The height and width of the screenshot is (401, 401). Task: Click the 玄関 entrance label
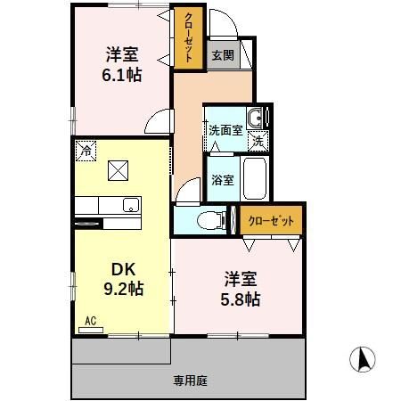pos(223,55)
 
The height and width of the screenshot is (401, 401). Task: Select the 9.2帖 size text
pos(123,289)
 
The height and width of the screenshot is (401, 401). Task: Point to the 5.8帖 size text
pos(239,299)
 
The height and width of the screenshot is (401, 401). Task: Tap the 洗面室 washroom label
pos(225,130)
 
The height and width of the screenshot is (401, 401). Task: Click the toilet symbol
pos(206,217)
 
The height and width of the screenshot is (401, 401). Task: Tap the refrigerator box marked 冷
pos(86,151)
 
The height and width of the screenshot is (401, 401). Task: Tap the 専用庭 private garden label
pos(190,381)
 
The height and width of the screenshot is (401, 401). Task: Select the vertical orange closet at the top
pos(189,39)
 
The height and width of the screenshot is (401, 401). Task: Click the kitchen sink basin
pos(130,204)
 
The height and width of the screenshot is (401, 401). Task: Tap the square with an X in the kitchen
pos(119,168)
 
